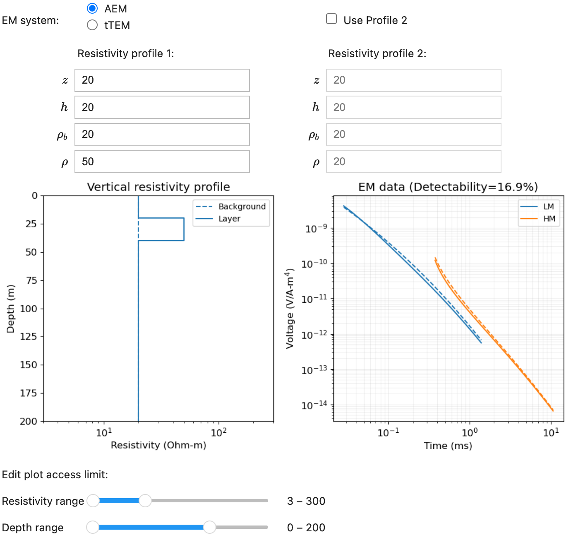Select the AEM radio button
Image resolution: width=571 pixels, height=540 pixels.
pyautogui.click(x=92, y=8)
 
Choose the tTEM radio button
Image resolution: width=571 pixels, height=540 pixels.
pyautogui.click(x=92, y=25)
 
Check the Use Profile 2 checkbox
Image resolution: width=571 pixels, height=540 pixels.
pyautogui.click(x=331, y=19)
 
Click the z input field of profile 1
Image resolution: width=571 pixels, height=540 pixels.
pyautogui.click(x=162, y=80)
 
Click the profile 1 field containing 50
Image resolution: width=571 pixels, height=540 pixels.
pyautogui.click(x=162, y=162)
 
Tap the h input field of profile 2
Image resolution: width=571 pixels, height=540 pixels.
pyautogui.click(x=413, y=107)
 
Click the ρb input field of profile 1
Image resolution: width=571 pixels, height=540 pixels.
pyautogui.click(x=162, y=135)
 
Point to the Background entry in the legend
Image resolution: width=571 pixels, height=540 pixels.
pyautogui.click(x=242, y=206)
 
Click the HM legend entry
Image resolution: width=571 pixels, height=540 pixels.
pyautogui.click(x=549, y=219)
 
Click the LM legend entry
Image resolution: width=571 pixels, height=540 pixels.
pyautogui.click(x=548, y=206)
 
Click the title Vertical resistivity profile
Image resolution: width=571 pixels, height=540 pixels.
pyautogui.click(x=158, y=187)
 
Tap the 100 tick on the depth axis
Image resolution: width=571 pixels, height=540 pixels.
pyautogui.click(x=29, y=309)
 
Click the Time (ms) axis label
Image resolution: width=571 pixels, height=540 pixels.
pyautogui.click(x=448, y=446)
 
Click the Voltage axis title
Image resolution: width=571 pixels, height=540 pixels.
pyautogui.click(x=290, y=309)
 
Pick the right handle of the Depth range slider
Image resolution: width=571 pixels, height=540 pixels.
pyautogui.click(x=210, y=527)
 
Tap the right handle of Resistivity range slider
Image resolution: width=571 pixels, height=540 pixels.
pyautogui.click(x=145, y=501)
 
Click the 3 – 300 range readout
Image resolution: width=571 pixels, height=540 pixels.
pyautogui.click(x=306, y=501)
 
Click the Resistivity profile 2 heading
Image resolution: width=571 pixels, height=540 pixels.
pyautogui.click(x=377, y=53)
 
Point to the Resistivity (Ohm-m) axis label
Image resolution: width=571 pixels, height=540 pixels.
pyautogui.click(x=158, y=445)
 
